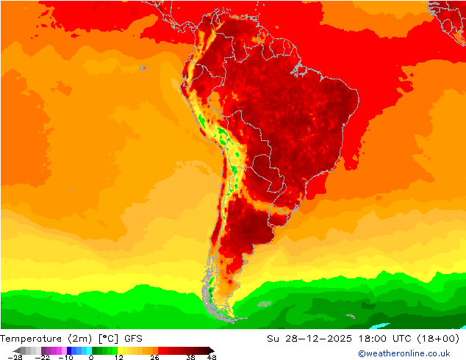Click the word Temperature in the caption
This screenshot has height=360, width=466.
[x=32, y=339]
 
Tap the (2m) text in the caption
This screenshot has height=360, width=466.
[x=79, y=339]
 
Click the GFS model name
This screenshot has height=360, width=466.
[x=134, y=339]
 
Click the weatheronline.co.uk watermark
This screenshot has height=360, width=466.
[x=404, y=354]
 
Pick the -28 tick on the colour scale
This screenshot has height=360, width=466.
[x=15, y=356]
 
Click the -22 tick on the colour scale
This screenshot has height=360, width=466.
[x=42, y=356]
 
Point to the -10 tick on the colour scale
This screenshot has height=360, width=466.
[x=65, y=356]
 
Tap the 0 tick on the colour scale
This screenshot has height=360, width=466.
[x=91, y=356]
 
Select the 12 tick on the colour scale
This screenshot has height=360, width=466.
[x=119, y=356]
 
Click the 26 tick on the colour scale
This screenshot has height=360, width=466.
[x=154, y=356]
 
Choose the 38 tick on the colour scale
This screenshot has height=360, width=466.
[x=190, y=356]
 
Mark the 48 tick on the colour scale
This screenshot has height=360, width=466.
[x=212, y=356]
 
